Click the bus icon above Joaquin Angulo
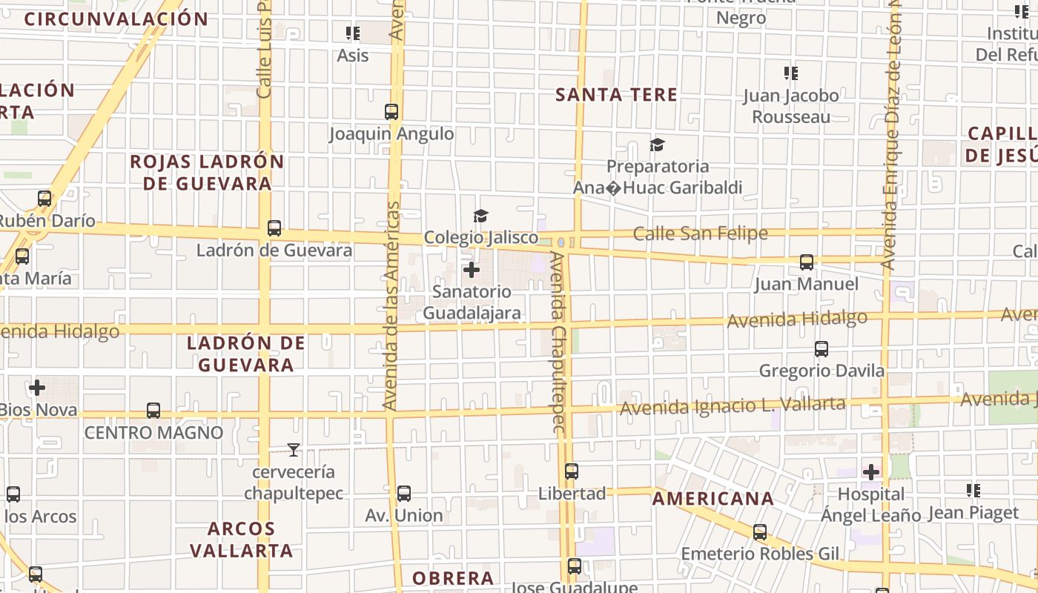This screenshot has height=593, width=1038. pyautogui.click(x=391, y=112)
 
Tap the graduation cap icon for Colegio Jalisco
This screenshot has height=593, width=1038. pyautogui.click(x=481, y=216)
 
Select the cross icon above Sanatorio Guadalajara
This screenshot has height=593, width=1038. pyautogui.click(x=471, y=270)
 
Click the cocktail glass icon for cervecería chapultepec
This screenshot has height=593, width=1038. pyautogui.click(x=294, y=449)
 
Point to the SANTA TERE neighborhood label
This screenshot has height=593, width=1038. pyautogui.click(x=616, y=95)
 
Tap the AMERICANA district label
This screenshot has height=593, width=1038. pyautogui.click(x=713, y=499)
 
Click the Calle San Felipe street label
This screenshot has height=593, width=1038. pyautogui.click(x=700, y=234)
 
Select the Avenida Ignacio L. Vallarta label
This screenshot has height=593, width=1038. pyautogui.click(x=732, y=405)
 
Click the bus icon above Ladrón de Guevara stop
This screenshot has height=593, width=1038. pyautogui.click(x=274, y=228)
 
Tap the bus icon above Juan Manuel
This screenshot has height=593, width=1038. pyautogui.click(x=806, y=262)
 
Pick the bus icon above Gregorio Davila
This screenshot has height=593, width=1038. pyautogui.click(x=821, y=349)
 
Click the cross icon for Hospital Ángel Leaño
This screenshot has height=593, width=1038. pyautogui.click(x=871, y=471)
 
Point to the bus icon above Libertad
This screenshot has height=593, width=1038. pyautogui.click(x=571, y=471)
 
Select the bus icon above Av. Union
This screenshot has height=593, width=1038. pyautogui.click(x=403, y=494)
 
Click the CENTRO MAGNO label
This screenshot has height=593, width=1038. pyautogui.click(x=153, y=433)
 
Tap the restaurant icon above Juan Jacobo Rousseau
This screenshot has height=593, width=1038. pyautogui.click(x=791, y=73)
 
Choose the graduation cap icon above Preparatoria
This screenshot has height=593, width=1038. pyautogui.click(x=657, y=145)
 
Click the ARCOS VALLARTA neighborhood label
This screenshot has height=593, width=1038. pyautogui.click(x=241, y=540)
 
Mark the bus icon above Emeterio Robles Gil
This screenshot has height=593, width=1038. pyautogui.click(x=760, y=532)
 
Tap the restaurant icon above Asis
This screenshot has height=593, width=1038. pyautogui.click(x=353, y=33)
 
